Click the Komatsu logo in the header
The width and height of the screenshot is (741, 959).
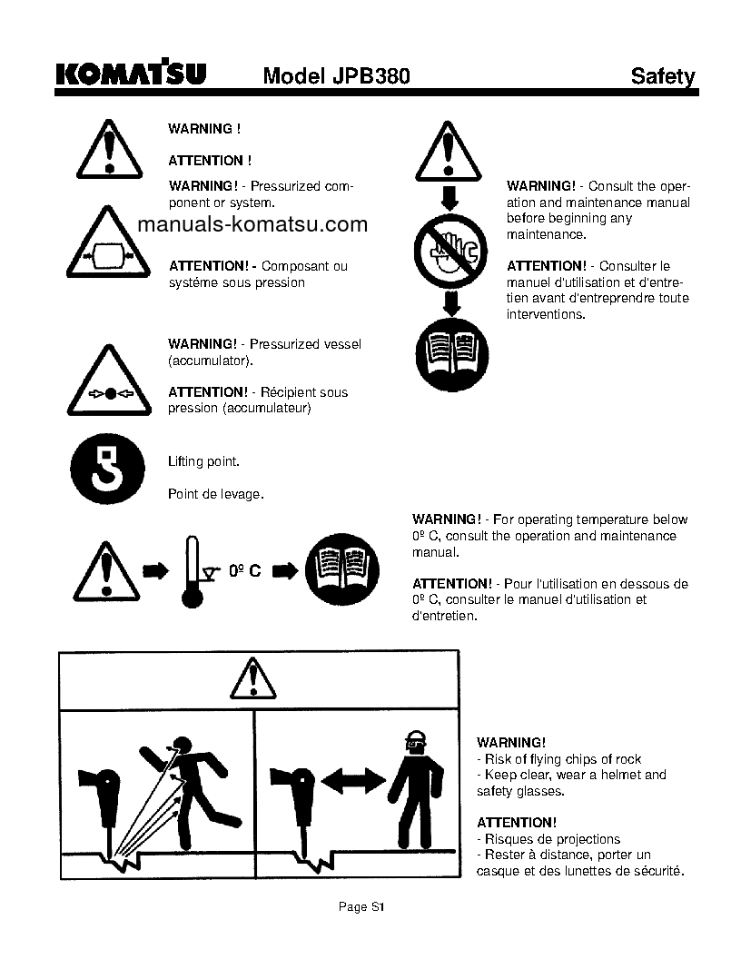(131, 74)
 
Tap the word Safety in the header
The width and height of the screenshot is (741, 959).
(663, 76)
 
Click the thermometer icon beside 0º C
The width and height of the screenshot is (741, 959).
(192, 571)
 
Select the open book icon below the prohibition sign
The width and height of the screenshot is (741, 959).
(451, 350)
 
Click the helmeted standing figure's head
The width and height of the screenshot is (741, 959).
(417, 743)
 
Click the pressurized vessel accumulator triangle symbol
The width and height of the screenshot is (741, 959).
(108, 381)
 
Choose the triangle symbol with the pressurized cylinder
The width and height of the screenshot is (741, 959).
(108, 245)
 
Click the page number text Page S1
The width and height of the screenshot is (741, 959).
(362, 906)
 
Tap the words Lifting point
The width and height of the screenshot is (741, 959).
(204, 461)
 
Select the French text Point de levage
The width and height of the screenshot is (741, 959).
(216, 494)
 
